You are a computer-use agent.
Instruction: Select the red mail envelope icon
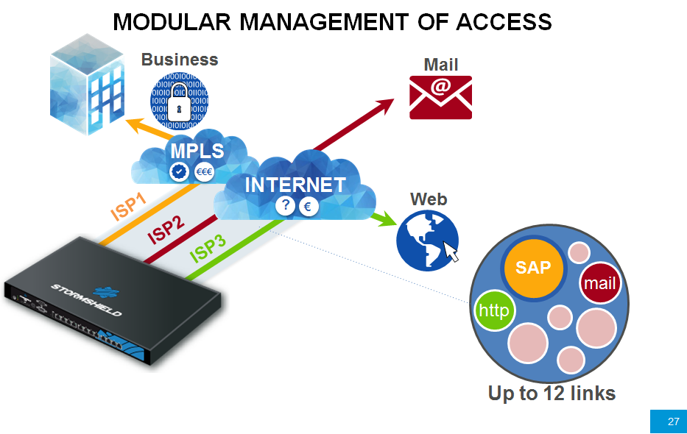pyautogui.click(x=440, y=97)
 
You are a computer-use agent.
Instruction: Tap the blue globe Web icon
pyautogui.click(x=427, y=240)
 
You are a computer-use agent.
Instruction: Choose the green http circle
pyautogui.click(x=494, y=310)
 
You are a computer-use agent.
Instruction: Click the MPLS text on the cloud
pyautogui.click(x=197, y=151)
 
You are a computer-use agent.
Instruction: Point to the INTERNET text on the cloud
pyautogui.click(x=295, y=185)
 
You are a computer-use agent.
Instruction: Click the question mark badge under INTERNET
pyautogui.click(x=285, y=207)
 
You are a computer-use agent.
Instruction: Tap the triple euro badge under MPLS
pyautogui.click(x=205, y=172)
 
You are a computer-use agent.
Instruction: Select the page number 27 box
pyautogui.click(x=668, y=421)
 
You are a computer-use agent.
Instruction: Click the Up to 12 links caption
pyautogui.click(x=552, y=394)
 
